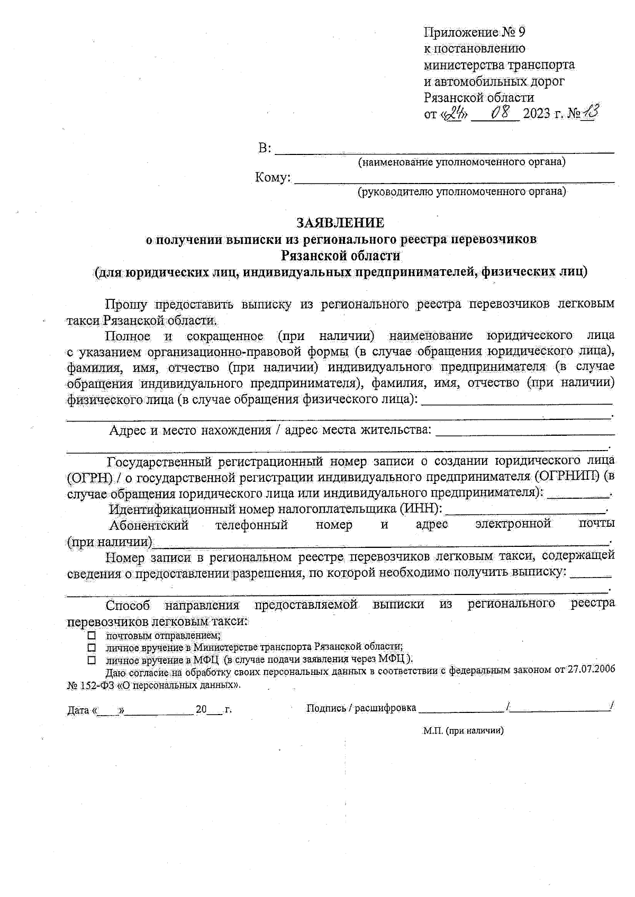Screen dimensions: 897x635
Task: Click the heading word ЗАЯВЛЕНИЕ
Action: pyautogui.click(x=340, y=222)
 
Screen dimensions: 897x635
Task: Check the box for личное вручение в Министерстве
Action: pyautogui.click(x=92, y=647)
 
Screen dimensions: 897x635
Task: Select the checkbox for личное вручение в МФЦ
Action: pyautogui.click(x=92, y=660)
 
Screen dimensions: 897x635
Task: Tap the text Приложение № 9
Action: pyautogui.click(x=475, y=32)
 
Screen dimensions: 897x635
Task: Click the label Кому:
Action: pyautogui.click(x=273, y=178)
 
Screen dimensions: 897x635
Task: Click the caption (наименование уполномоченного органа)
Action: pyautogui.click(x=461, y=162)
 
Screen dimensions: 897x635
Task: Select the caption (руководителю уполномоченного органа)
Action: pyautogui.click(x=461, y=191)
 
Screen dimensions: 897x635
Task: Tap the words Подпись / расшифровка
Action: pyautogui.click(x=361, y=708)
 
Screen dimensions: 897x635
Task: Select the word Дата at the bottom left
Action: pyautogui.click(x=78, y=710)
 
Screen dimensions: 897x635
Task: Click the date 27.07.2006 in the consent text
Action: pyautogui.click(x=591, y=670)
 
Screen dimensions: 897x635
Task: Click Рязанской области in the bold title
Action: pyautogui.click(x=340, y=255)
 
